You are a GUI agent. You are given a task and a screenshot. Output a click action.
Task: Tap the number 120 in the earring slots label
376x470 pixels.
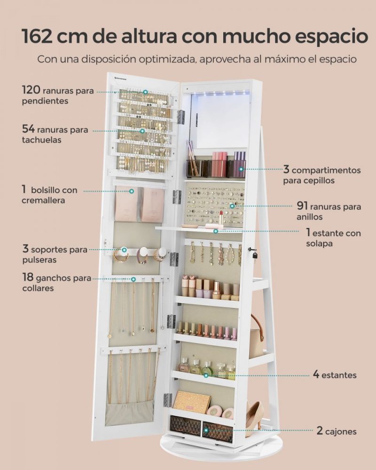tap(31, 89)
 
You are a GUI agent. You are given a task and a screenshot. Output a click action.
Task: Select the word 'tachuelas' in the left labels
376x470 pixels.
tap(41, 140)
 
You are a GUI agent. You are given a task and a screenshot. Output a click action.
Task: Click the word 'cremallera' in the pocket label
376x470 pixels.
tap(43, 200)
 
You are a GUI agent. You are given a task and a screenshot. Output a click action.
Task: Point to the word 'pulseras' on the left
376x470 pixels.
tap(39, 259)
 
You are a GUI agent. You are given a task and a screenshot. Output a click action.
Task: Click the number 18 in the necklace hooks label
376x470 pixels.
tap(28, 277)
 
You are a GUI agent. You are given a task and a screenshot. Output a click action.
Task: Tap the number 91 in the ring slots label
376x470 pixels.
tap(302, 206)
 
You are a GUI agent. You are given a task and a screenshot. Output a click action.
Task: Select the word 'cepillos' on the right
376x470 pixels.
tap(300, 180)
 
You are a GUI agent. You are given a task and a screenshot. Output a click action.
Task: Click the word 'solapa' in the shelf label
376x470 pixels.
tap(319, 243)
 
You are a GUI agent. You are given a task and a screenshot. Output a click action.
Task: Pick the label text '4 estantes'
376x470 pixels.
tap(335, 375)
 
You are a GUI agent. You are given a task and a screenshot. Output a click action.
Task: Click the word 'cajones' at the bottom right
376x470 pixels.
tap(341, 431)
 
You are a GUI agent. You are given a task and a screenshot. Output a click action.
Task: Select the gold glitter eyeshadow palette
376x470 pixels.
tap(192, 402)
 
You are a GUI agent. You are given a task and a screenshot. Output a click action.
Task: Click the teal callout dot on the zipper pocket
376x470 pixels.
tap(131, 191)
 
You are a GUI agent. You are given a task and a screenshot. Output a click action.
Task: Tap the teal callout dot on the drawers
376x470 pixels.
tap(206, 431)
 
